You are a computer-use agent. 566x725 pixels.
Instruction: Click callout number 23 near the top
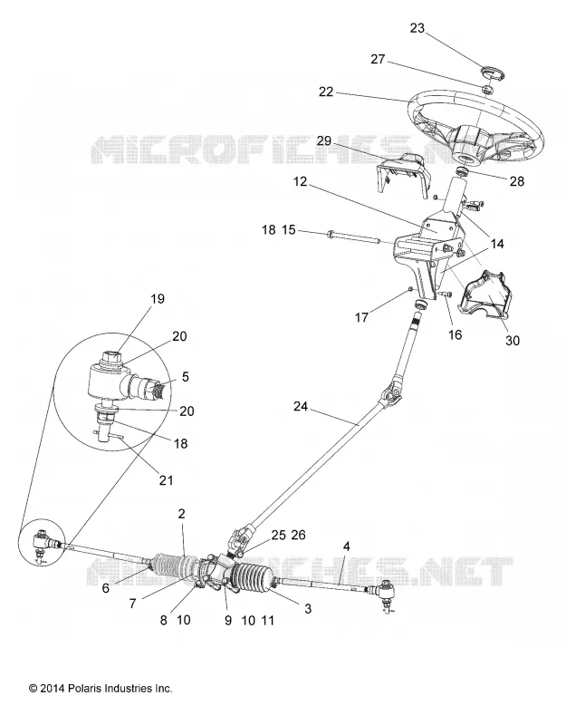click(417, 28)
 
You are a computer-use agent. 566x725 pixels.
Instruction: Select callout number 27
click(378, 59)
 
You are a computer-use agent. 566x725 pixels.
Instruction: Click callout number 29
click(324, 140)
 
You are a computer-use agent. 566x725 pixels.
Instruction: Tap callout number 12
click(300, 181)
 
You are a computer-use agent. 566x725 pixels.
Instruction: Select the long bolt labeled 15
click(353, 236)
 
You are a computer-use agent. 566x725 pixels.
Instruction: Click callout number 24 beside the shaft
click(301, 406)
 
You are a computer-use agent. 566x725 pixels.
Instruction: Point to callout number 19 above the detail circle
click(158, 299)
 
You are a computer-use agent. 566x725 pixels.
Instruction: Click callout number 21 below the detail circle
click(166, 480)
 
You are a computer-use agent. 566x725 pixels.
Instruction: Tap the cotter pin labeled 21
click(109, 435)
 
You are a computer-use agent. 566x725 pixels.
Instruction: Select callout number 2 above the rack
click(181, 513)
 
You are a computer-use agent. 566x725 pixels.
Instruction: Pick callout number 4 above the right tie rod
click(347, 546)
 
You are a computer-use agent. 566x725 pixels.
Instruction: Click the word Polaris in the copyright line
click(84, 689)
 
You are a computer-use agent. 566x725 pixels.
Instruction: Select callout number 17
click(361, 317)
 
